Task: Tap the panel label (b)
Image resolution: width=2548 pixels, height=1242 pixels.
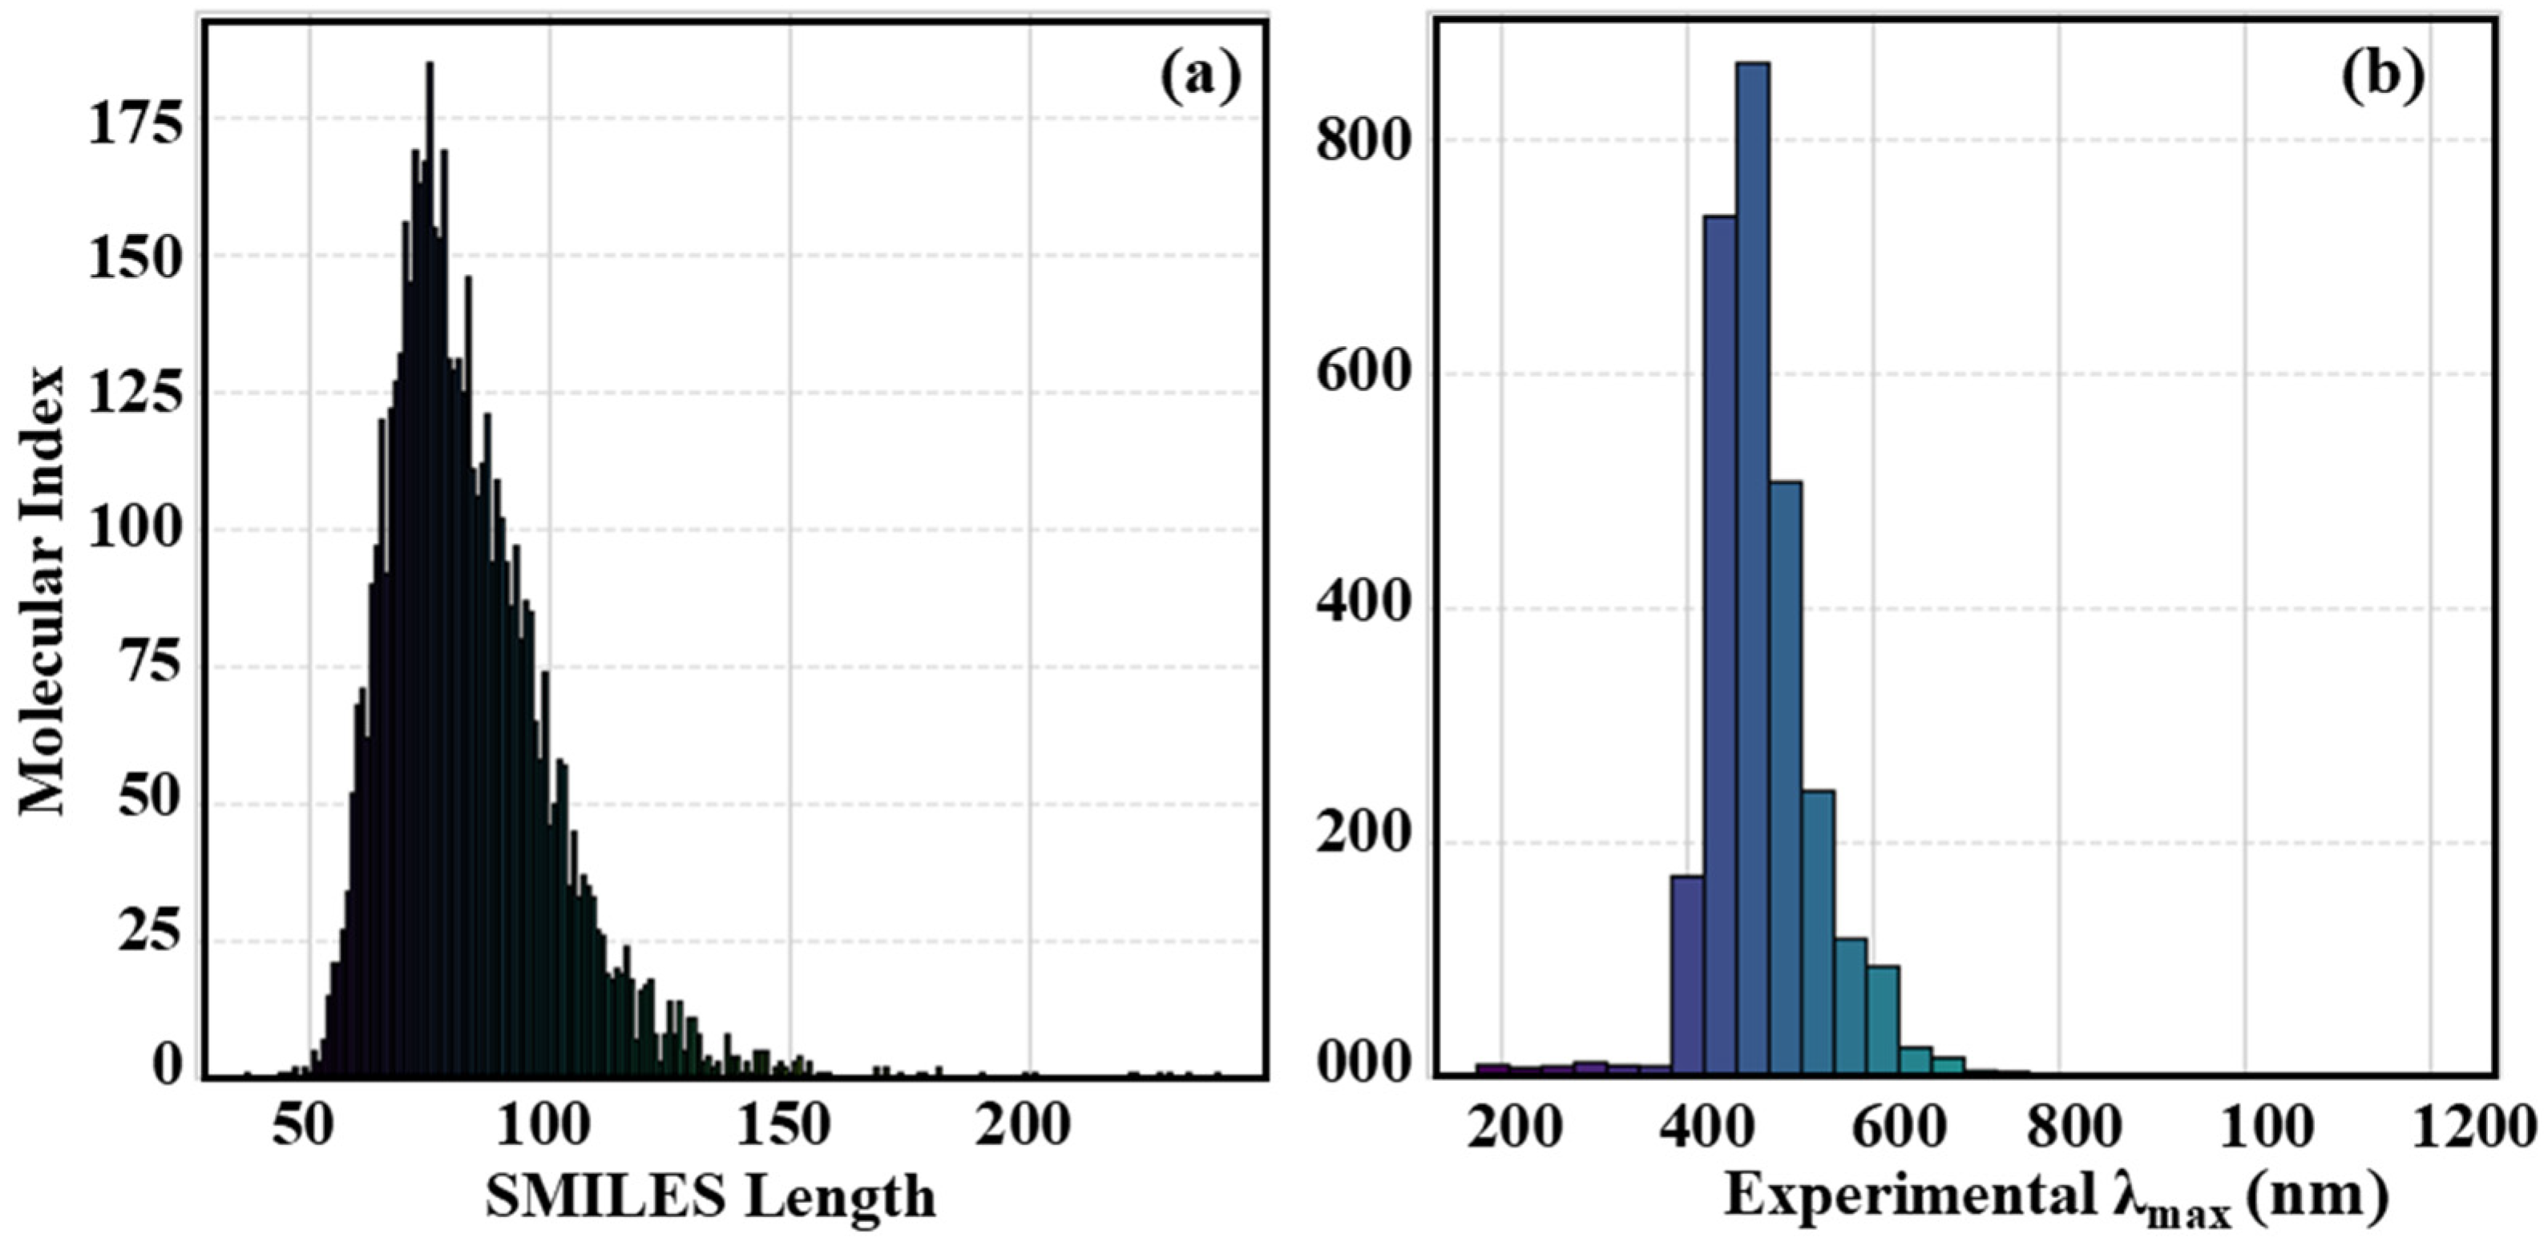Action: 2382,77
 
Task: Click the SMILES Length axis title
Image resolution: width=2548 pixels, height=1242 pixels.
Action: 710,1196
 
